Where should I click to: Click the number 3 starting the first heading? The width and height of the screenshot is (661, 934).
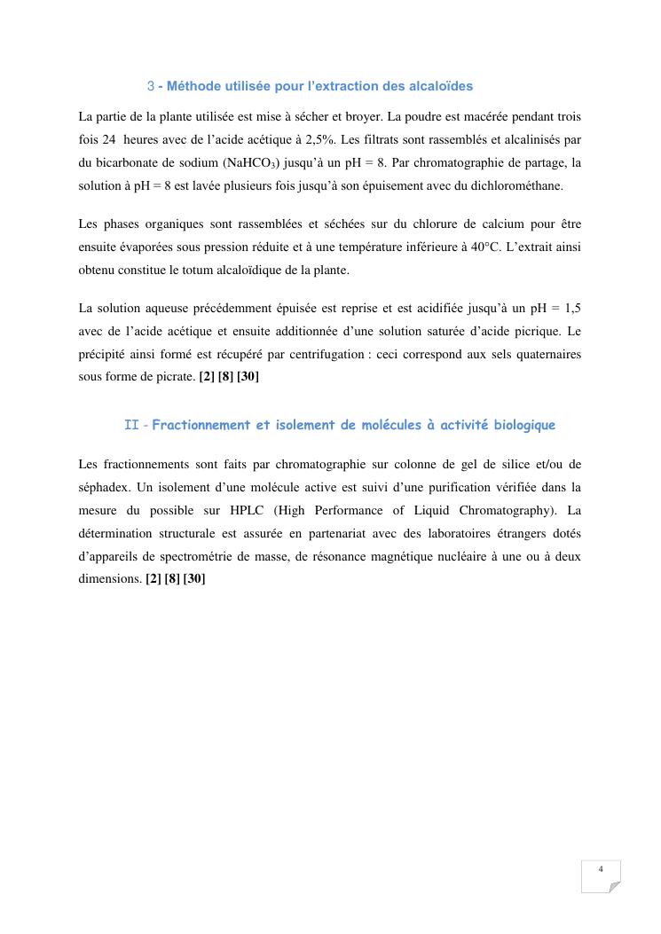click(150, 86)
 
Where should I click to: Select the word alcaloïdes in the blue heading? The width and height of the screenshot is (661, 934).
click(442, 86)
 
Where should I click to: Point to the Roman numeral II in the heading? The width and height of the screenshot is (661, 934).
click(131, 425)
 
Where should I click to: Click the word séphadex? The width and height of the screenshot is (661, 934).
click(102, 487)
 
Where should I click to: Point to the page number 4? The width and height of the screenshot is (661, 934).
click(601, 868)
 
